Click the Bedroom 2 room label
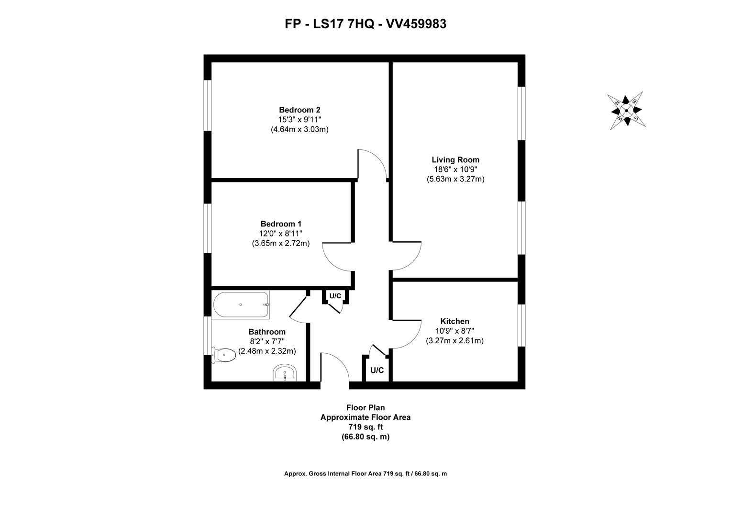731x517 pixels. pyautogui.click(x=299, y=110)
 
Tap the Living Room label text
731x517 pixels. pyautogui.click(x=455, y=160)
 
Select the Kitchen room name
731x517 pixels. pyautogui.click(x=454, y=321)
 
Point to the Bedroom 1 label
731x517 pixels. pyautogui.click(x=281, y=224)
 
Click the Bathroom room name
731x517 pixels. pyautogui.click(x=267, y=332)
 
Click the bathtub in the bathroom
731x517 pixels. pyautogui.click(x=241, y=305)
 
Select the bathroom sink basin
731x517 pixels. pyautogui.click(x=285, y=373)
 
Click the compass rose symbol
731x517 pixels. pyautogui.click(x=626, y=111)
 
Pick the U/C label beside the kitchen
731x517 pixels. pyautogui.click(x=377, y=370)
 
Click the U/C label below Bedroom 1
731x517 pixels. pyautogui.click(x=335, y=296)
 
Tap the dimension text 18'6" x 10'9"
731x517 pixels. pyautogui.click(x=455, y=169)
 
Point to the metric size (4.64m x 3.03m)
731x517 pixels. pyautogui.click(x=299, y=129)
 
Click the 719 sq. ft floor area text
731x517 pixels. pyautogui.click(x=365, y=427)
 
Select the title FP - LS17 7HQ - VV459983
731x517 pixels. pyautogui.click(x=365, y=24)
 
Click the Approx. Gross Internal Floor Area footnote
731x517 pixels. pyautogui.click(x=365, y=473)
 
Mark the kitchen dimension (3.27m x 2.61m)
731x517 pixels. pyautogui.click(x=454, y=341)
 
